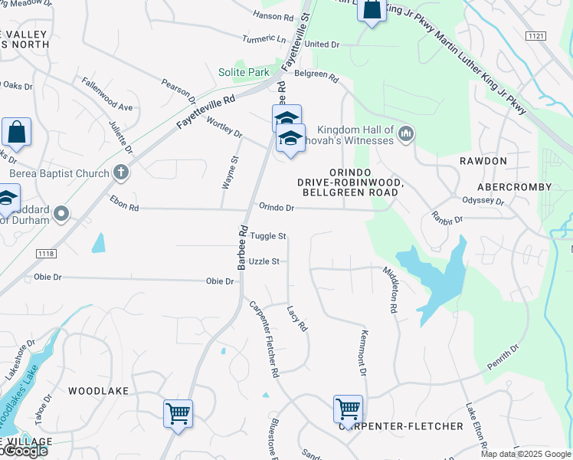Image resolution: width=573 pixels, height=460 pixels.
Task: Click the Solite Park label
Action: tap(244, 72)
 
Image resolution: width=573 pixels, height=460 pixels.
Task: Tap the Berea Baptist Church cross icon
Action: tap(121, 173)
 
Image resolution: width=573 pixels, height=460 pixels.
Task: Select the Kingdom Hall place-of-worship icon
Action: tap(406, 135)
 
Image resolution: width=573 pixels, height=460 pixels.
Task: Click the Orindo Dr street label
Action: tap(277, 207)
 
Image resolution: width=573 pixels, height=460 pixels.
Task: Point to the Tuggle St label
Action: tap(270, 236)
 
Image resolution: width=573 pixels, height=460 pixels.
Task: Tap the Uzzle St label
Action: tap(264, 261)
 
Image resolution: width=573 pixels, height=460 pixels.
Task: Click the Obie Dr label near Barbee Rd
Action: tap(220, 281)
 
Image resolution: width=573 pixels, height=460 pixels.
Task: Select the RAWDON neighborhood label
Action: tap(483, 161)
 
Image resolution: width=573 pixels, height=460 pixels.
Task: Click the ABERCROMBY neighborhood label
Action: tap(514, 187)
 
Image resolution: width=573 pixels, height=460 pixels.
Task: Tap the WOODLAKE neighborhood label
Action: tap(98, 391)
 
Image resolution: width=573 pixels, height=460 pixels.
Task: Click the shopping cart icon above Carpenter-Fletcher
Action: tap(348, 409)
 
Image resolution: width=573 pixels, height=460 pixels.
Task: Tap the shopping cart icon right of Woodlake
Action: tap(178, 414)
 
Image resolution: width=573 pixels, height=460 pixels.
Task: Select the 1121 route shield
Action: tap(536, 36)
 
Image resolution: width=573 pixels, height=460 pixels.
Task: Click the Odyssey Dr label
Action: tap(483, 202)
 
